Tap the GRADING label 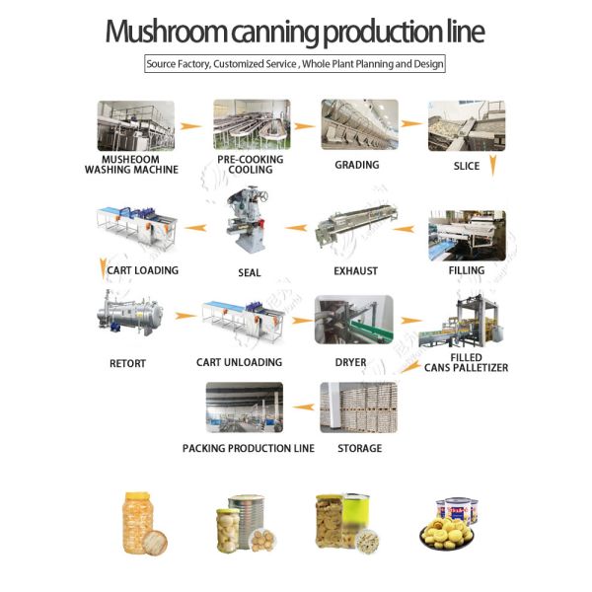(357, 165)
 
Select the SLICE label (467, 166)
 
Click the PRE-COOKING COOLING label (250, 164)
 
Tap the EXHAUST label (355, 271)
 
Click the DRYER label (350, 363)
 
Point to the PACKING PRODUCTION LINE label (249, 448)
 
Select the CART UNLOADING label (239, 363)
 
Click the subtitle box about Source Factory (295, 64)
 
